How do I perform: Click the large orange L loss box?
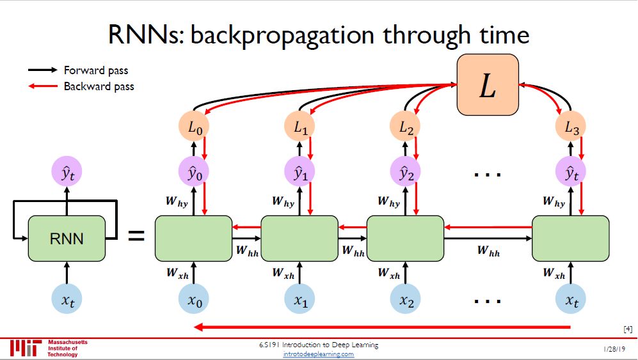tap(487, 85)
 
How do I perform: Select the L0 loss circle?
tap(194, 128)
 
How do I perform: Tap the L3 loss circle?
tap(571, 128)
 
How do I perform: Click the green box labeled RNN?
tap(67, 239)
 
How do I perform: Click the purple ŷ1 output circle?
tap(300, 173)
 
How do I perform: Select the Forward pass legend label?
tap(96, 70)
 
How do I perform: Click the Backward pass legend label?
tap(99, 86)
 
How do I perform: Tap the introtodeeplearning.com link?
tap(319, 354)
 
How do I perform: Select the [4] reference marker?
tap(627, 329)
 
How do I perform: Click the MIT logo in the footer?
tap(26, 348)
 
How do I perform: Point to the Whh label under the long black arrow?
tap(488, 251)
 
